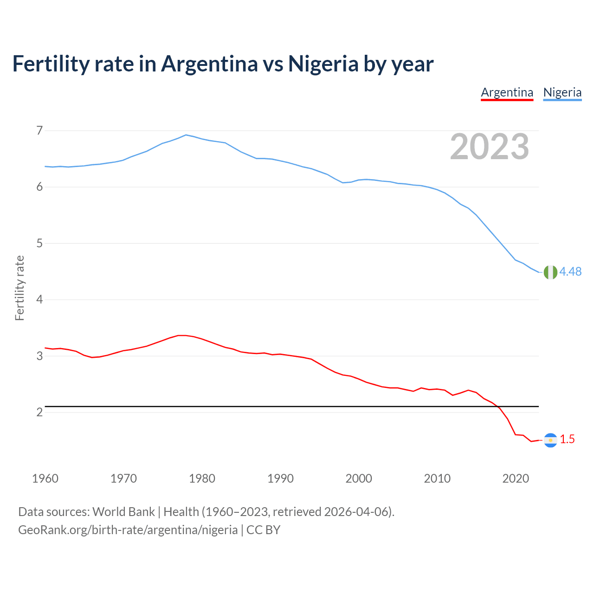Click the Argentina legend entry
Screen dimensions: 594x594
coord(507,92)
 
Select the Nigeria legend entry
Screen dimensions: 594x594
coord(562,92)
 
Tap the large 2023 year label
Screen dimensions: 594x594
coord(489,147)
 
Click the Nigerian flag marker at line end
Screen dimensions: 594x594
coord(550,272)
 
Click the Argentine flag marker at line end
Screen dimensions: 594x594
coord(550,440)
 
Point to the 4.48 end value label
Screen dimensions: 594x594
coord(570,272)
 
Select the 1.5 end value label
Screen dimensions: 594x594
coord(567,439)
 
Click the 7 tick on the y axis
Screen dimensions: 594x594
coord(39,130)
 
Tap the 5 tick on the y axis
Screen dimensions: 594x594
coord(39,243)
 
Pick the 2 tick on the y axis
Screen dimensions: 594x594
coord(39,412)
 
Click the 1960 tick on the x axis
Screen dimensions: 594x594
coord(45,478)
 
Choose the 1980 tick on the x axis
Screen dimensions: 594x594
coord(202,478)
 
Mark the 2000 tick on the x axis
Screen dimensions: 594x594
coord(359,478)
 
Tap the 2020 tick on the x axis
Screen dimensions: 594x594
coord(516,478)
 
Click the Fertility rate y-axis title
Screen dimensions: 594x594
coord(19,288)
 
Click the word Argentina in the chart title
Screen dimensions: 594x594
coord(209,64)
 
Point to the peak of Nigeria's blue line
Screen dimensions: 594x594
coord(186,135)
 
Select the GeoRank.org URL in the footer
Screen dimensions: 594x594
coord(128,530)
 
